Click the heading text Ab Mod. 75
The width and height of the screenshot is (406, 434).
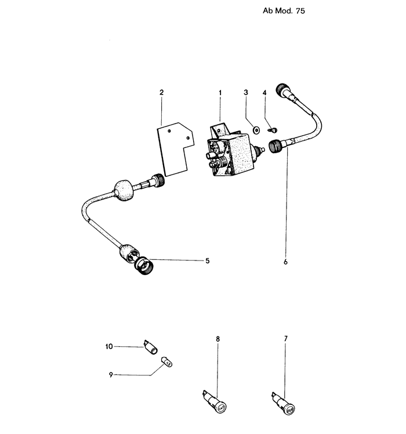tap(284, 11)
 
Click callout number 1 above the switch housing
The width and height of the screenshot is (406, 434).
tap(220, 93)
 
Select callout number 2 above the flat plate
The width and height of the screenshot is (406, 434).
tap(162, 92)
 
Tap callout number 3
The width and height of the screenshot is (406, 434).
tap(246, 92)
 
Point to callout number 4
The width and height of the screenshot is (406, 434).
tap(264, 93)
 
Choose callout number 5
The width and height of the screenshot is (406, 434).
tap(207, 261)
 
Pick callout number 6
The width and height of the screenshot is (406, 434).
tap(285, 262)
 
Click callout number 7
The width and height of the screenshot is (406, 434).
tap(285, 338)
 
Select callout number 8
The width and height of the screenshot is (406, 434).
tap(218, 339)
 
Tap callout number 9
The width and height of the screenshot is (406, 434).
tap(111, 375)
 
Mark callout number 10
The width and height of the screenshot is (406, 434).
tap(109, 346)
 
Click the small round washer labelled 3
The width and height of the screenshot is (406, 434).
tap(256, 130)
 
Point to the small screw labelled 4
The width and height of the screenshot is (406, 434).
tap(274, 129)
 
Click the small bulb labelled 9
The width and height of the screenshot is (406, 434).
tap(166, 361)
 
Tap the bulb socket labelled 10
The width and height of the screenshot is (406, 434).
tap(151, 347)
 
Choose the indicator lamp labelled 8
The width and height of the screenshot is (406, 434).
tap(215, 403)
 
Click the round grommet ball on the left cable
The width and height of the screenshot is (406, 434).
tap(124, 190)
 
